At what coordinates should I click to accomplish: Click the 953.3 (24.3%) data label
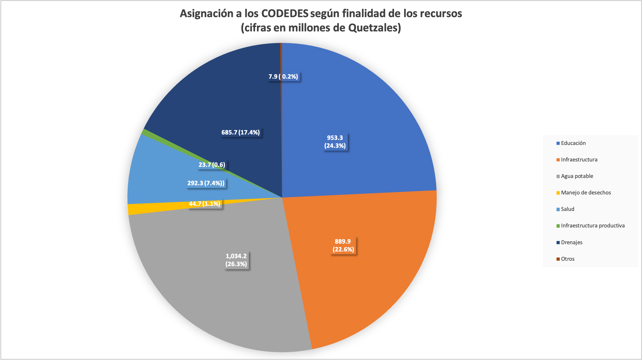(335, 142)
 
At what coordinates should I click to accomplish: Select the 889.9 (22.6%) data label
(343, 245)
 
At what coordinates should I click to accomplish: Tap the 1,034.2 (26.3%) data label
(236, 260)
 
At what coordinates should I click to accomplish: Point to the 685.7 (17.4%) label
(240, 133)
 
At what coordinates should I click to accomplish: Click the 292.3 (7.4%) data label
(206, 183)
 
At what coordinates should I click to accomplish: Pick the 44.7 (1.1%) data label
(205, 204)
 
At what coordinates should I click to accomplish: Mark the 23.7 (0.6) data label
(212, 165)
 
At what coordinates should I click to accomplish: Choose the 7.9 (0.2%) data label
(283, 77)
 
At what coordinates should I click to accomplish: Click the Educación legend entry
(573, 143)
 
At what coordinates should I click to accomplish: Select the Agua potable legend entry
(577, 176)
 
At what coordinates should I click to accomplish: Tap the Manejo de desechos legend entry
(586, 193)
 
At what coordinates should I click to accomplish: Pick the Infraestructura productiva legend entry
(593, 226)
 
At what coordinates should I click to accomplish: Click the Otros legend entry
(567, 259)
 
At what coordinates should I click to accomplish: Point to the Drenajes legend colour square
(558, 243)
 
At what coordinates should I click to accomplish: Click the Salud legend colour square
(558, 209)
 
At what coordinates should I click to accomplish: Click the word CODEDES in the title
(285, 14)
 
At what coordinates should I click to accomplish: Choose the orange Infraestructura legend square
(558, 160)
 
